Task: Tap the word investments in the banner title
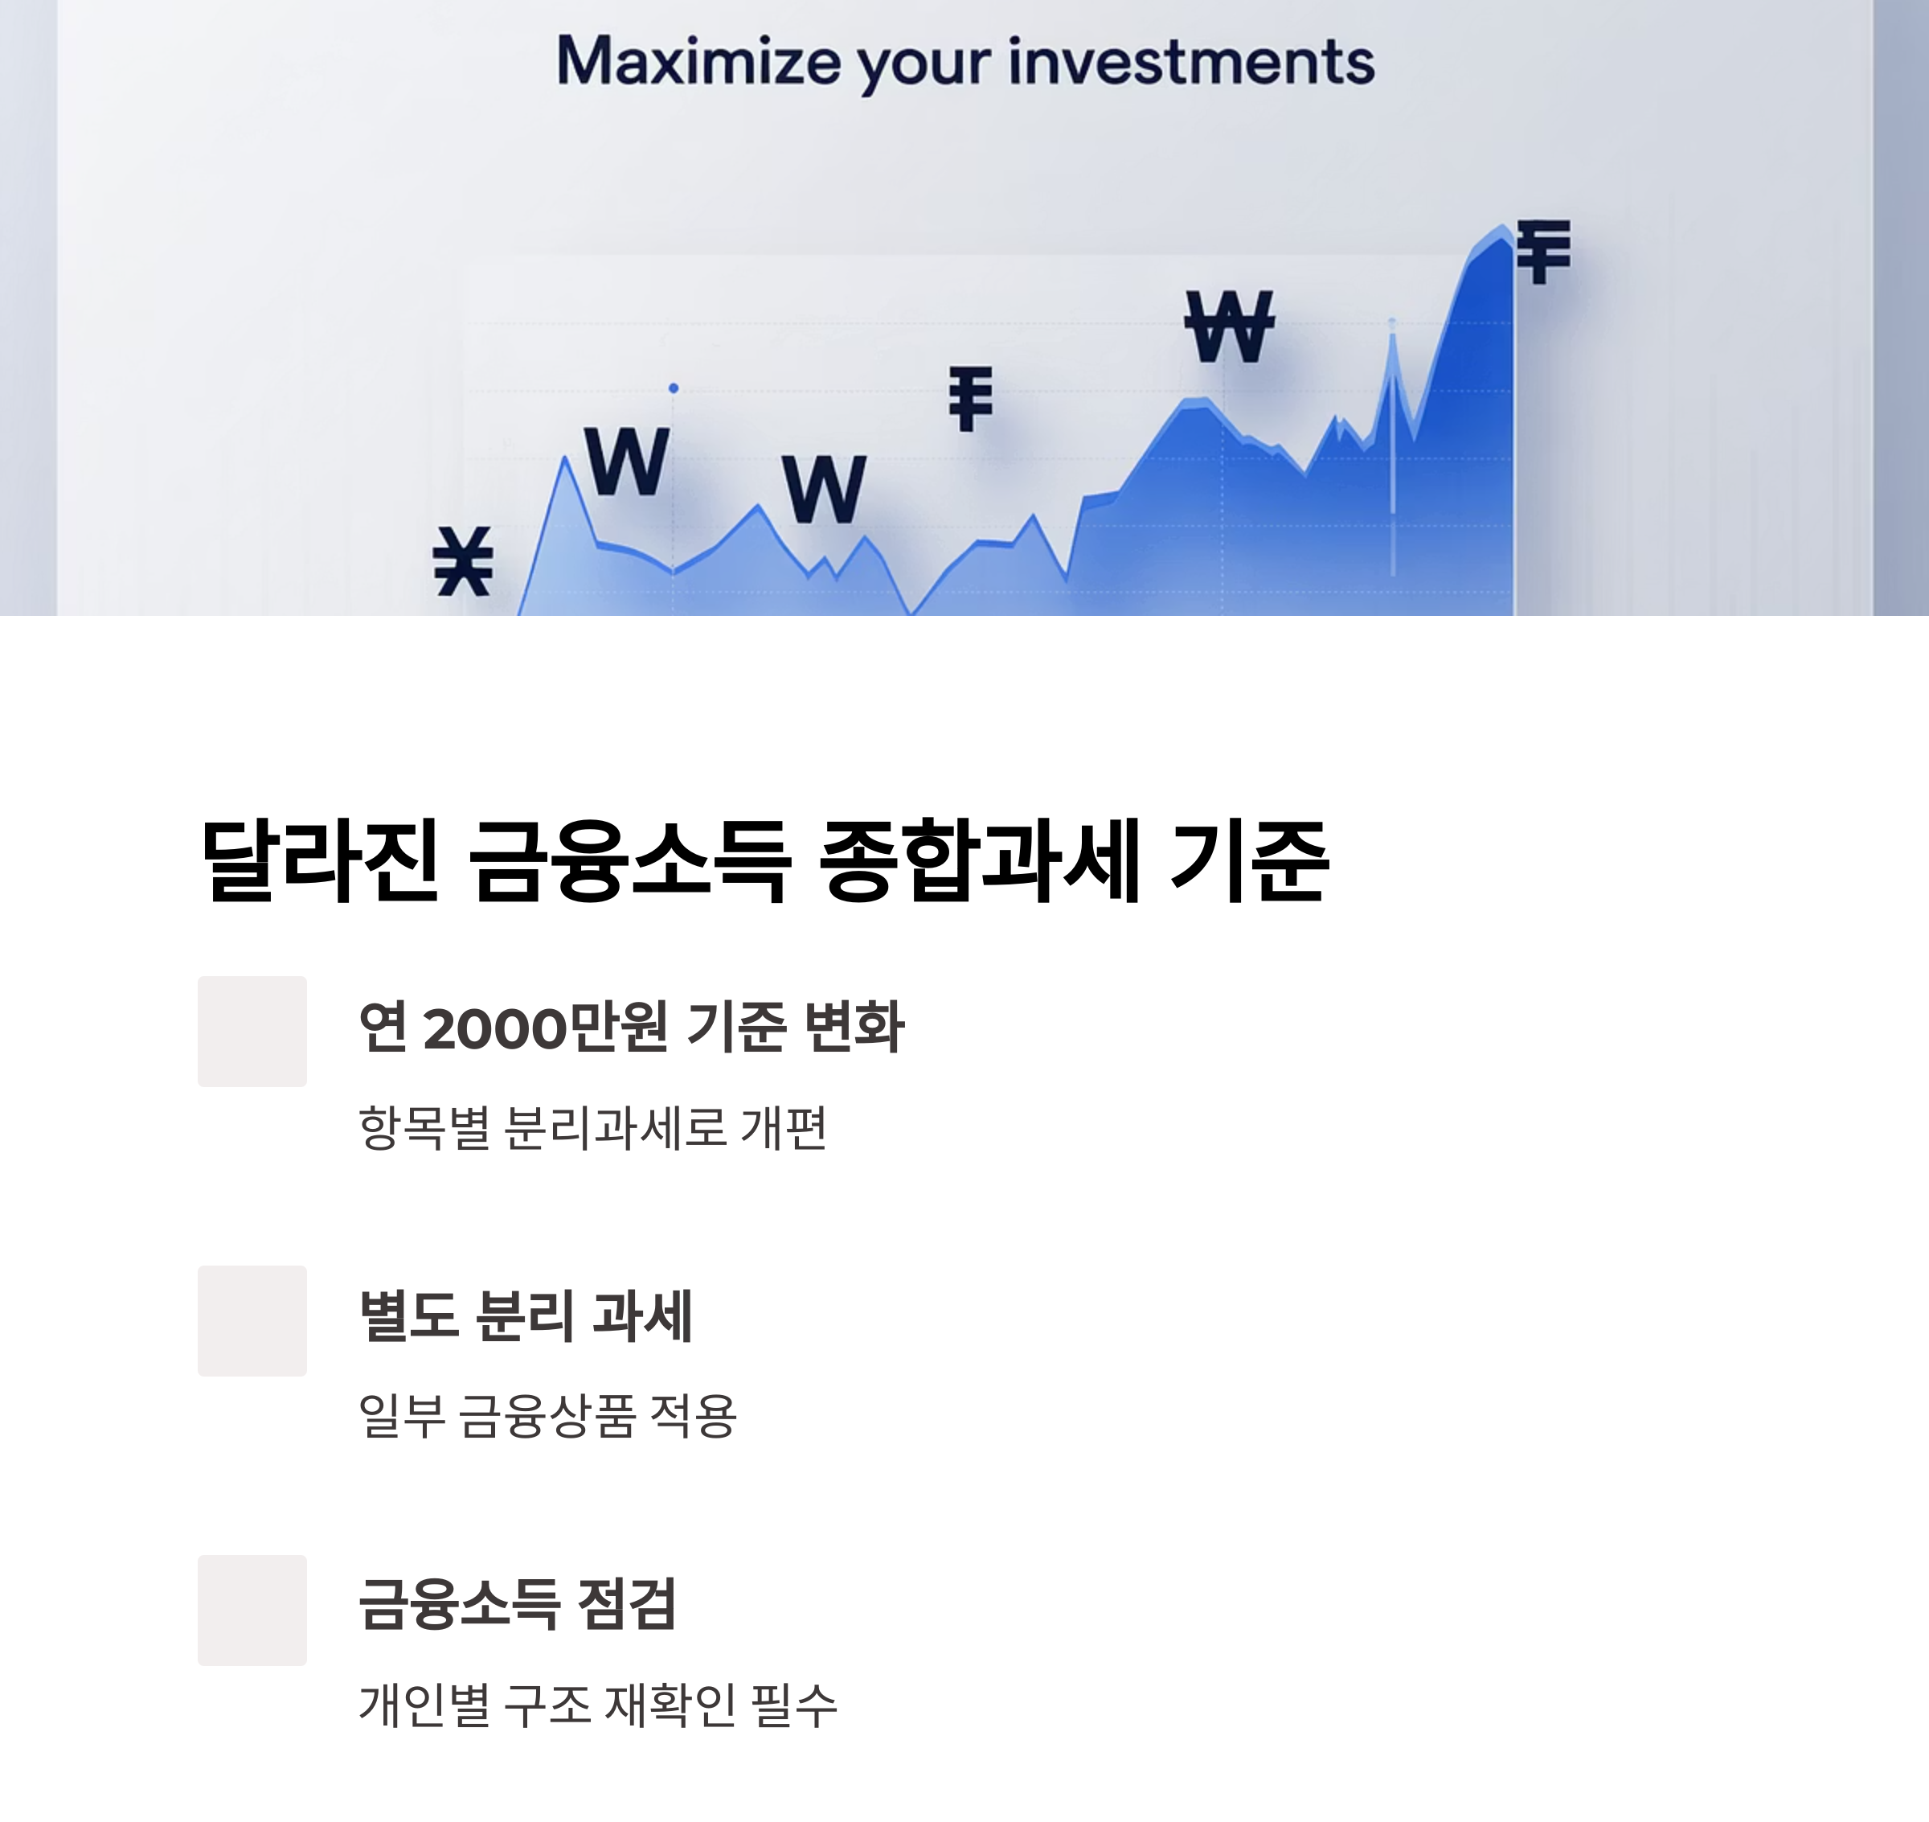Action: [1190, 62]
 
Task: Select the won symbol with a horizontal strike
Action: [1228, 326]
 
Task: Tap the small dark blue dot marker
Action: [674, 388]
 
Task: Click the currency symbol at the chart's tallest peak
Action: [1542, 252]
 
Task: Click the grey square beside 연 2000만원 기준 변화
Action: [252, 1032]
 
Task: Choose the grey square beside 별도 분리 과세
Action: [252, 1321]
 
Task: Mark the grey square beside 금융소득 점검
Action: [252, 1611]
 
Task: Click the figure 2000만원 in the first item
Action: [546, 1027]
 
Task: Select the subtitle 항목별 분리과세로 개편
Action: [592, 1127]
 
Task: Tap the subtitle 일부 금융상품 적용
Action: [547, 1416]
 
